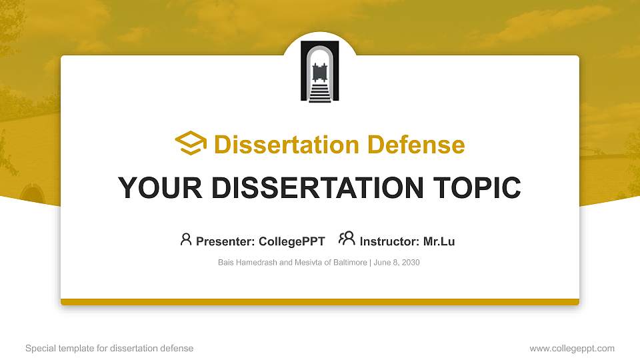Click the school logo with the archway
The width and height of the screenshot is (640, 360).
[320, 71]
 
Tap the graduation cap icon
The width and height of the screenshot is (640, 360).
[191, 143]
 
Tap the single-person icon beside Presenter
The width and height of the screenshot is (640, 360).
[186, 239]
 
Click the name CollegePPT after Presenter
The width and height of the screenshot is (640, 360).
[292, 241]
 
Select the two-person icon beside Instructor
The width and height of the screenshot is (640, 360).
[347, 239]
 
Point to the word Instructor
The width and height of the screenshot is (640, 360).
[389, 241]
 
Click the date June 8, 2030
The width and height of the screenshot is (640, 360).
[397, 263]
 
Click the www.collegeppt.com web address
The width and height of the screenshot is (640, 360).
[572, 348]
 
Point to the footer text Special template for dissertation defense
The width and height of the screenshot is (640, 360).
[109, 348]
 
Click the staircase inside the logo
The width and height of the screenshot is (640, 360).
[320, 93]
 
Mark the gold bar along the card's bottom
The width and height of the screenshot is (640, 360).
[320, 302]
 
